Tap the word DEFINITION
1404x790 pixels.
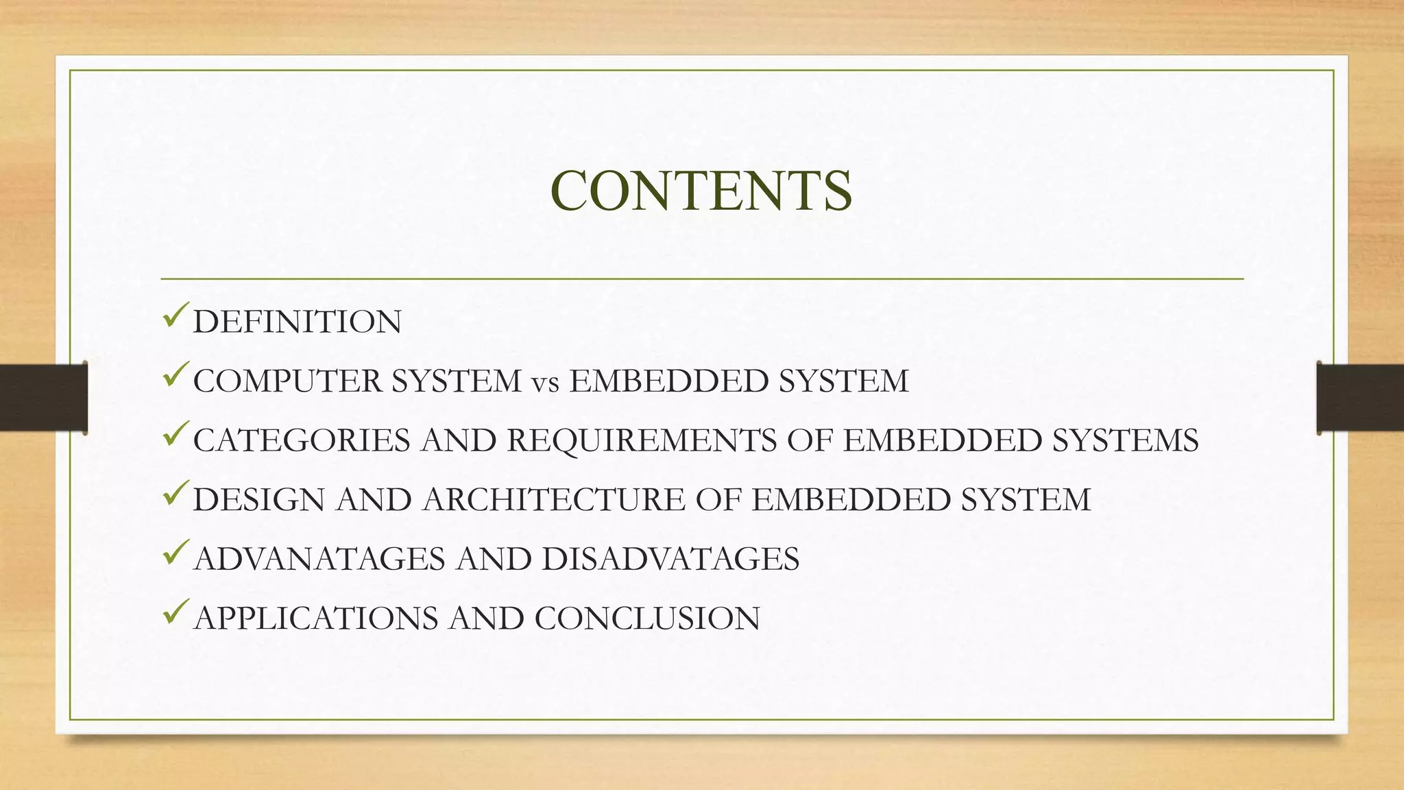297,322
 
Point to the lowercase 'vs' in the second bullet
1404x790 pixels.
545,383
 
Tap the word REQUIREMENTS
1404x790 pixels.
642,440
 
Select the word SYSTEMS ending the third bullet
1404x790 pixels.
1125,440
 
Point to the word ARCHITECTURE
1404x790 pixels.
554,500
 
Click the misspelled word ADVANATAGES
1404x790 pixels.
319,559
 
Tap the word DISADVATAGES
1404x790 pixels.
670,559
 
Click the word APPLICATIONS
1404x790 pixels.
316,619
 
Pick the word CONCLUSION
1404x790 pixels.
647,619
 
